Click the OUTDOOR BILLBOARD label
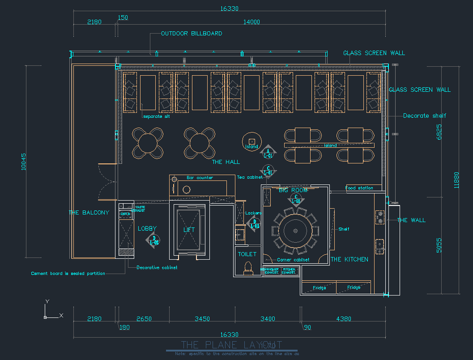click(192, 34)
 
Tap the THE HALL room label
click(226, 162)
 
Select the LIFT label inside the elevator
click(189, 230)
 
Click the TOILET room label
click(247, 254)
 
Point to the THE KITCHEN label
click(349, 259)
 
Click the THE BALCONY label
click(89, 213)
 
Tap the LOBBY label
click(147, 229)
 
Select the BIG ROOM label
click(293, 190)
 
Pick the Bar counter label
click(200, 178)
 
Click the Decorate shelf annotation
click(425, 116)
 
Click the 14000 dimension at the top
click(251, 22)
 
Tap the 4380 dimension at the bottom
click(343, 319)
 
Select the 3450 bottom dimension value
click(202, 319)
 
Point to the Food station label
click(359, 188)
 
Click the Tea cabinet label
click(250, 178)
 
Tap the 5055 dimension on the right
click(439, 245)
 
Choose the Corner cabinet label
click(293, 260)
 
